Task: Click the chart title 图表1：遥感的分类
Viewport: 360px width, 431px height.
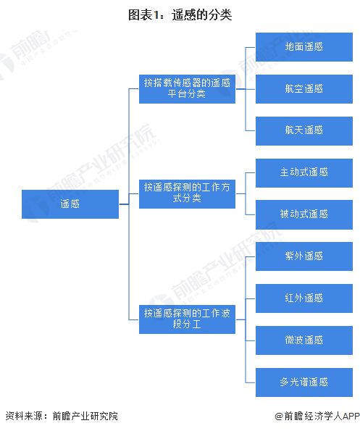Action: [x=180, y=14]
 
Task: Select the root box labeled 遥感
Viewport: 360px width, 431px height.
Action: [x=70, y=204]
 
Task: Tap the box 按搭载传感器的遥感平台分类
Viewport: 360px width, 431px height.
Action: [x=187, y=89]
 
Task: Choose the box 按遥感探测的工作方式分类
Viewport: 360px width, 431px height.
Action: [x=187, y=194]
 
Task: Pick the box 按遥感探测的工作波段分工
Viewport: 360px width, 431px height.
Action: [x=187, y=319]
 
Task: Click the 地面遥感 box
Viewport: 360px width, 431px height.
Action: [x=304, y=47]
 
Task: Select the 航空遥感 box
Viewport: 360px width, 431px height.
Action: [x=304, y=89]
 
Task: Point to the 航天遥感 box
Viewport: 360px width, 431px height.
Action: [x=304, y=131]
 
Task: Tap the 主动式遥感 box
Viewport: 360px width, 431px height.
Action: [x=304, y=173]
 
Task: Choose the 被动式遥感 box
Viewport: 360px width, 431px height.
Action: [x=304, y=214]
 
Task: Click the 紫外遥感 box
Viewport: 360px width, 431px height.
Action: [x=304, y=256]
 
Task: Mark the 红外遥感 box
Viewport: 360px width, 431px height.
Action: [x=304, y=298]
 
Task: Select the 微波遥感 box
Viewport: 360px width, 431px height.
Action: [x=304, y=340]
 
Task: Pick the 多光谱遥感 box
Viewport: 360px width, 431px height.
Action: [x=304, y=382]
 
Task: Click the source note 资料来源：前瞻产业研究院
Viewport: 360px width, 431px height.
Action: [x=62, y=416]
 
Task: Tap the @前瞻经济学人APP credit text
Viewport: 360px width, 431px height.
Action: [x=317, y=416]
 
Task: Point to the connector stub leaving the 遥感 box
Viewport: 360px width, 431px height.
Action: [x=124, y=204]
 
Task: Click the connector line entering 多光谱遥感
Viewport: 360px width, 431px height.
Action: [x=251, y=382]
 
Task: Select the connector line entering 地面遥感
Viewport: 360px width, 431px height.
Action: [x=251, y=47]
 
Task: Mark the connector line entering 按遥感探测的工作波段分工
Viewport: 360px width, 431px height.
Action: [x=134, y=319]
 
